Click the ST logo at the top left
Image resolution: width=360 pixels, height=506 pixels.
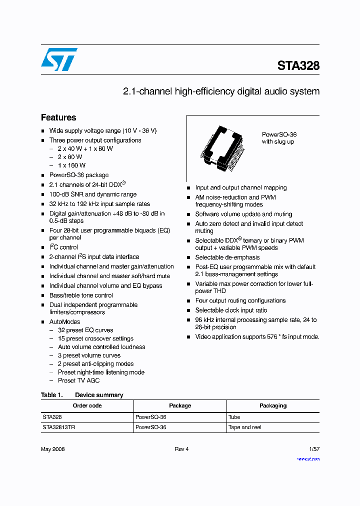point(59,59)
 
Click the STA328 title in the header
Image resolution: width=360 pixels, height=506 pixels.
point(298,66)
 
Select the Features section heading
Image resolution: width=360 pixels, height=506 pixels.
point(58,117)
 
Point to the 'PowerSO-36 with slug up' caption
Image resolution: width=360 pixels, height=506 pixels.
point(279,138)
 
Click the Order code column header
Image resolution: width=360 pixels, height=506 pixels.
point(87,405)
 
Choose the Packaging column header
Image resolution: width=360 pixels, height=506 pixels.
point(273,405)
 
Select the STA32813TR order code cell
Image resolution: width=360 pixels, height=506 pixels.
point(58,427)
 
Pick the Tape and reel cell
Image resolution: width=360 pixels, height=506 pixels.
point(245,427)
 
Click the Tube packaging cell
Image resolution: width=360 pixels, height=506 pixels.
point(234,417)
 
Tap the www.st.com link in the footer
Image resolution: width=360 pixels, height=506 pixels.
point(308,458)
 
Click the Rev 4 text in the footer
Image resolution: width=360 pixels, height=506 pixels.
point(181,449)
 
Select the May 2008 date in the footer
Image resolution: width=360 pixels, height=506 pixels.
point(53,449)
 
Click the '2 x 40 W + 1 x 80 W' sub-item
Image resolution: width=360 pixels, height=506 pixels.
point(85,148)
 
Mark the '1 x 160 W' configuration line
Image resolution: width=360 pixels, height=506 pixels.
point(71,165)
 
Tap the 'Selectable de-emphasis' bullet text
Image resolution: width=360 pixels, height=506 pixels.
point(227,257)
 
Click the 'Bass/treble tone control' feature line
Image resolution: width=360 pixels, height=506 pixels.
point(81,295)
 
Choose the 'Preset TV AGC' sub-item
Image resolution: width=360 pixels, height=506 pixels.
point(78,380)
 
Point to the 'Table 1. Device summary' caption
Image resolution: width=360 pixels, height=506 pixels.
point(82,395)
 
